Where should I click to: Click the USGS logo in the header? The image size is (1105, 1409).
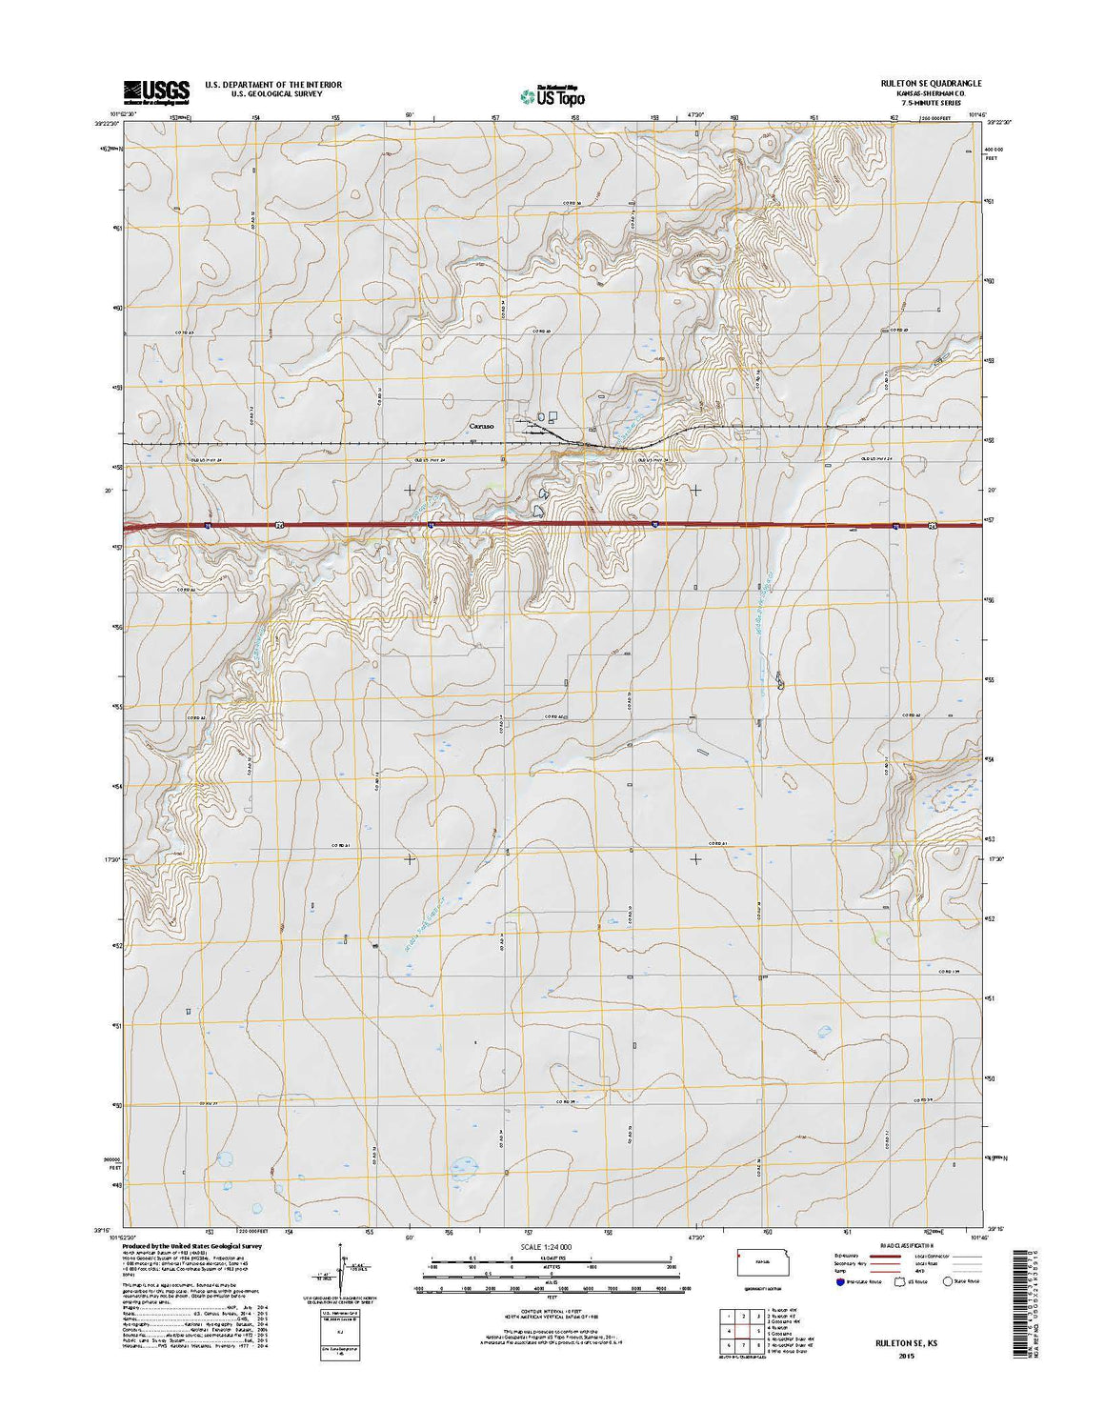[x=156, y=91]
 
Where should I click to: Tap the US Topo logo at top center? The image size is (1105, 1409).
[x=552, y=94]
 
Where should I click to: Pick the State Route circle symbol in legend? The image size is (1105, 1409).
[x=948, y=1281]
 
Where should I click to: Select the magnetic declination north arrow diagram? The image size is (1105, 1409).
[x=338, y=1270]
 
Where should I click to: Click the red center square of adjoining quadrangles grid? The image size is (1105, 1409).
[x=740, y=1331]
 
